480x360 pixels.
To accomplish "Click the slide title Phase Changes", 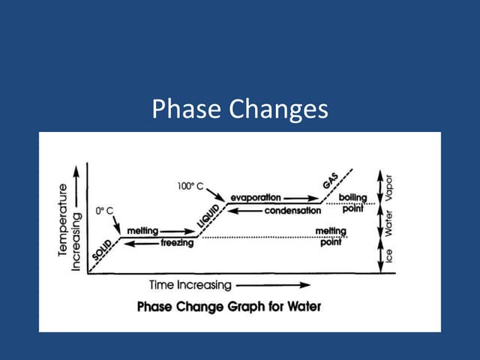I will coord(240,109).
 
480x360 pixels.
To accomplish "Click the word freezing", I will coord(177,243).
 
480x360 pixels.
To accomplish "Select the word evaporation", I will coord(256,197).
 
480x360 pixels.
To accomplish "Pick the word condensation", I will coord(292,211).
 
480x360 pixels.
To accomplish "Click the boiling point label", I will coord(352,202).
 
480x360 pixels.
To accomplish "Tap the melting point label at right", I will coord(330,236).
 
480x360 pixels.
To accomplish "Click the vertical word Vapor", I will coord(388,188).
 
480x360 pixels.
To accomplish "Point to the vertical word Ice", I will coord(388,256).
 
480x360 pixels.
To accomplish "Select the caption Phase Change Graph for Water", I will coord(229,307).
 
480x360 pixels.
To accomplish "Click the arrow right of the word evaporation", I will coord(300,197).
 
